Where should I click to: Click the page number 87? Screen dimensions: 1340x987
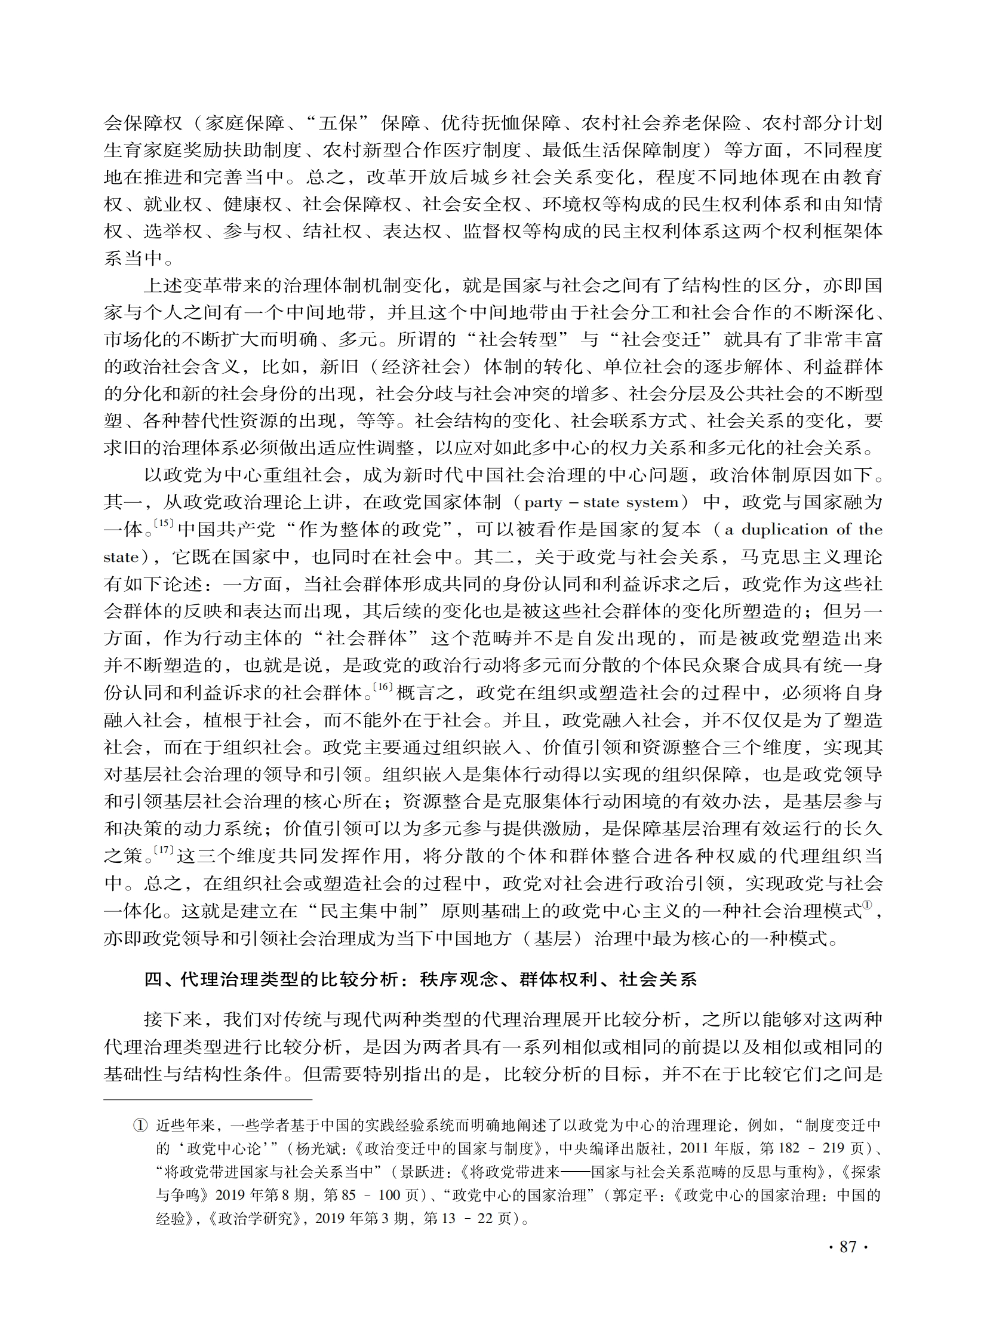(848, 1246)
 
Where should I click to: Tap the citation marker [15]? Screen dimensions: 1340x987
(163, 523)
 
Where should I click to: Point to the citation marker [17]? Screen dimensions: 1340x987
(163, 850)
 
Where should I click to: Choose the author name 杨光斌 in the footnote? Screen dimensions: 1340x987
(318, 1149)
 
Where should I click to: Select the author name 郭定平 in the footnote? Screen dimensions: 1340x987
(635, 1195)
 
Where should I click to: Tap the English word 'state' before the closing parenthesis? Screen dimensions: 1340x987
(121, 557)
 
